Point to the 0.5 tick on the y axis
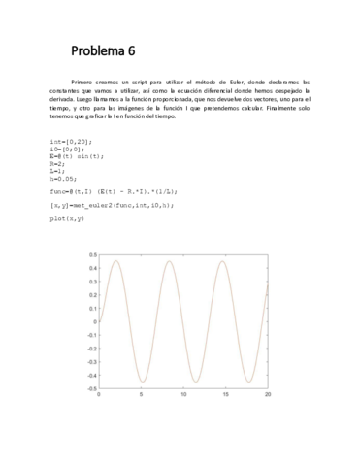click(x=90, y=255)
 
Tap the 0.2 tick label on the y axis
click(x=90, y=295)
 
